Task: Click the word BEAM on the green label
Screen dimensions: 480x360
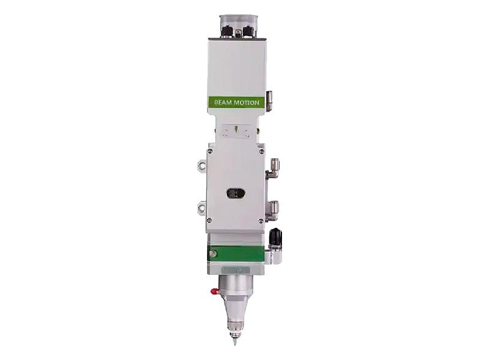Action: tap(223, 102)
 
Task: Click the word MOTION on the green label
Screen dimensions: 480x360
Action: tap(247, 102)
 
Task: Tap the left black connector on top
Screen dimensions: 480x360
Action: tap(227, 31)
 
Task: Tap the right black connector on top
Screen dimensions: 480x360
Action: tap(248, 31)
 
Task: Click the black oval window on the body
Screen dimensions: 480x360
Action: tap(236, 193)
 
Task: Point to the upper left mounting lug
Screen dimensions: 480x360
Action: tap(202, 166)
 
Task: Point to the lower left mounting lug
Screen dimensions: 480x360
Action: tap(202, 207)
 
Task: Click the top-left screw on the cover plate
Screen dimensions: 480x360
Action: tap(210, 151)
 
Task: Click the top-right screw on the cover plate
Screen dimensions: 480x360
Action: tap(261, 151)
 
